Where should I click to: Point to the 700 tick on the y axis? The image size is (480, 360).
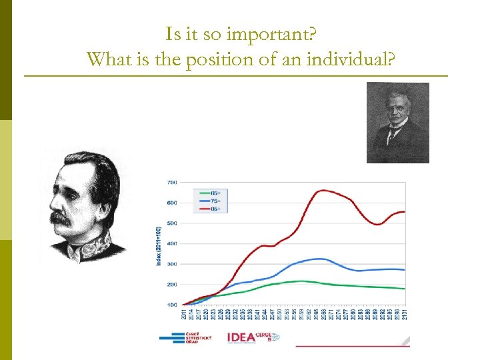[x=171, y=182]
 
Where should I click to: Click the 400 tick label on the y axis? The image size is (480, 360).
[x=171, y=243]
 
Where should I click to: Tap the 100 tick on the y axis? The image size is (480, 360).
[x=171, y=305]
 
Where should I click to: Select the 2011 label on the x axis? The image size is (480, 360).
[x=183, y=315]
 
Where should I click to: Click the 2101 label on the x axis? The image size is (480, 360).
[x=404, y=315]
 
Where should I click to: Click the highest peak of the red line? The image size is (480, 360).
[x=323, y=190]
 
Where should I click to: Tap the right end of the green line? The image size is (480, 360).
[x=404, y=289]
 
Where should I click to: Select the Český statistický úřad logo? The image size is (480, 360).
[x=186, y=337]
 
